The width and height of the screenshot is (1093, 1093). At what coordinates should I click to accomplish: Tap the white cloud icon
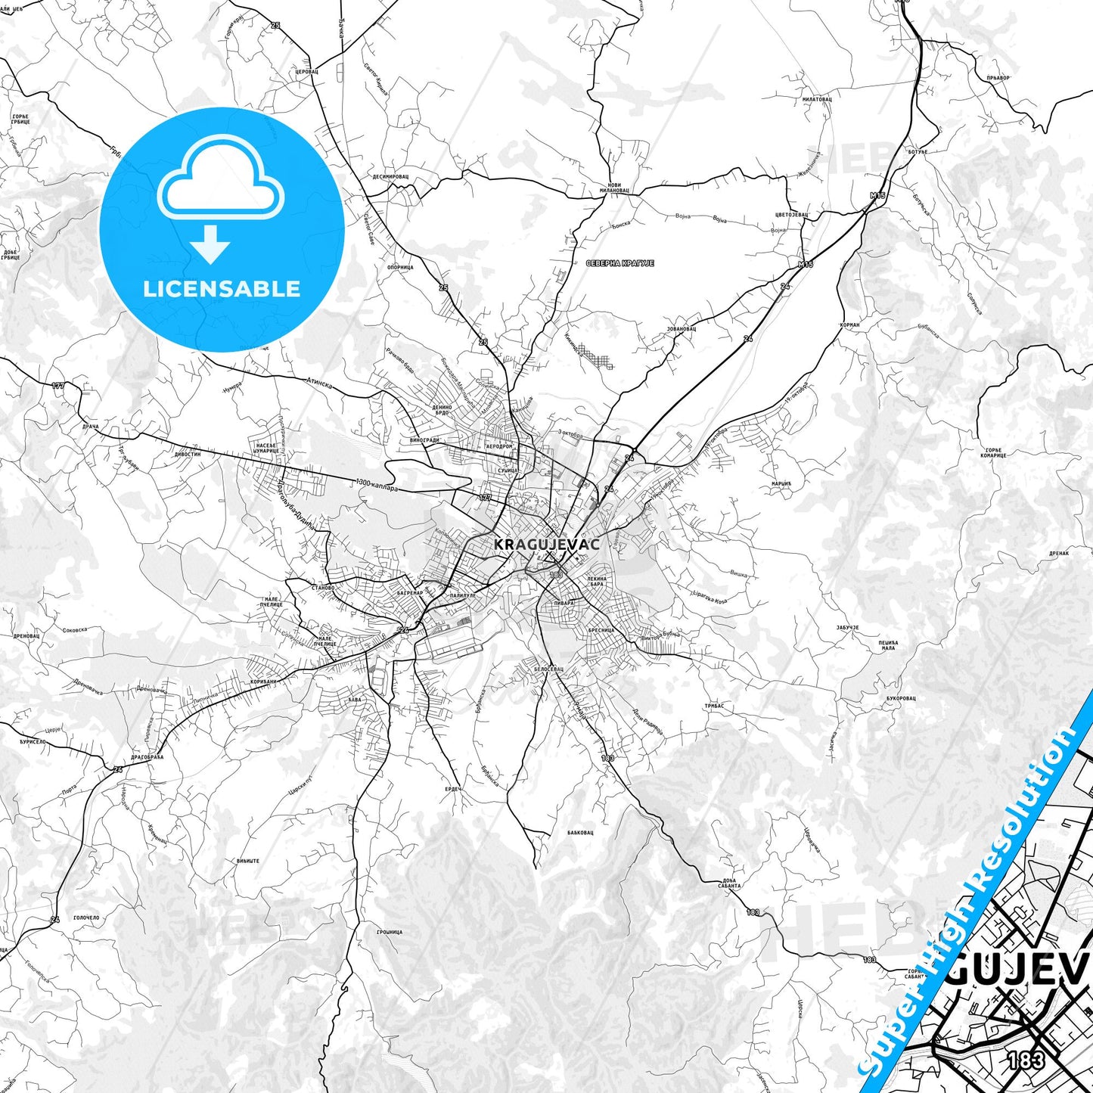point(221,179)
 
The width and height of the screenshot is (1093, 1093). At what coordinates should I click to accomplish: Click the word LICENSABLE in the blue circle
point(222,289)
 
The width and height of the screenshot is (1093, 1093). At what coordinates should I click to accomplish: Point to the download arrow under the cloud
point(210,244)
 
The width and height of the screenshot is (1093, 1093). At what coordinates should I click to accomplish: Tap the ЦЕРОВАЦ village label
point(306,71)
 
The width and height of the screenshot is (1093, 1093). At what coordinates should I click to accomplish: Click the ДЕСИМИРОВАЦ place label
point(390,176)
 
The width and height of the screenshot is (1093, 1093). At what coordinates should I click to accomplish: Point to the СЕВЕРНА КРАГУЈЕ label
point(619,263)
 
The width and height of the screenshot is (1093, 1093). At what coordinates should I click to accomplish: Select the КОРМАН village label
point(849,324)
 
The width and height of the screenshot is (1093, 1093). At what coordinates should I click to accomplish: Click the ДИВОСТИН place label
point(187,455)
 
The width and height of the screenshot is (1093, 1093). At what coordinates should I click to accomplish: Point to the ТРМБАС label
point(714,706)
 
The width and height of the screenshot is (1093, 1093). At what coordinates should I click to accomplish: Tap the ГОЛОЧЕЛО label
point(85,918)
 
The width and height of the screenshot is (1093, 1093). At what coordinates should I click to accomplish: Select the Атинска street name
point(318,383)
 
